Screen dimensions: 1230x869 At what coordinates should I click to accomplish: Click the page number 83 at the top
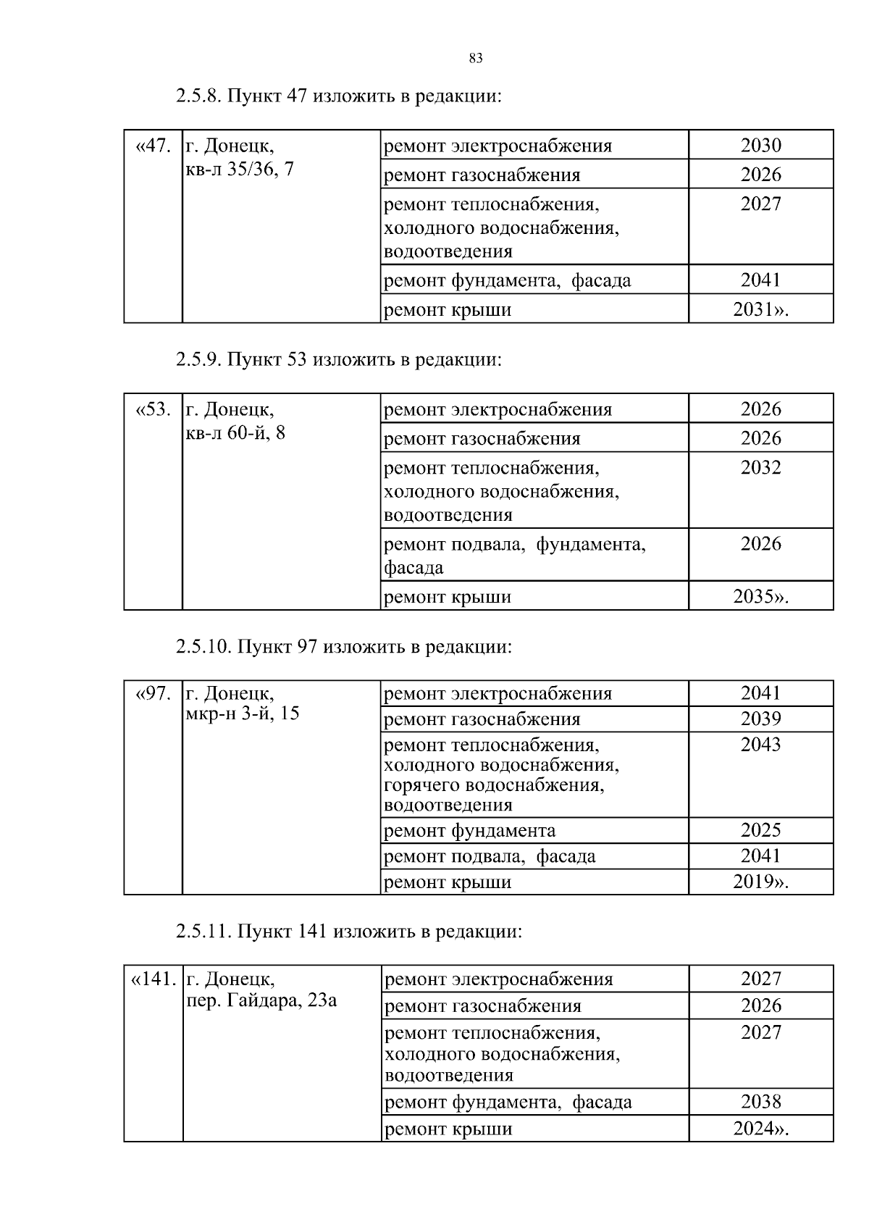click(476, 59)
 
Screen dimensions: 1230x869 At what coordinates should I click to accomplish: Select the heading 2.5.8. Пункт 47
click(338, 96)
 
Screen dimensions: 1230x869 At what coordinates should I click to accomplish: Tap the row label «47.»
click(153, 146)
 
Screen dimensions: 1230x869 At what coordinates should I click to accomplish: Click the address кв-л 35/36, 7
click(240, 170)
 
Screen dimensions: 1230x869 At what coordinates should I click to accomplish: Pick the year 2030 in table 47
click(760, 146)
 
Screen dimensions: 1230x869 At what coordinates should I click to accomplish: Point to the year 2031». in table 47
click(760, 309)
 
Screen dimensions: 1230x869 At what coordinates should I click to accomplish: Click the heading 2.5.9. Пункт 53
click(338, 360)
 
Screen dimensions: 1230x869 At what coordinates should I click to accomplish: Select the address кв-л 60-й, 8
click(236, 434)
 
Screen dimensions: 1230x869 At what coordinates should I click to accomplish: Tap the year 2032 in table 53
click(760, 467)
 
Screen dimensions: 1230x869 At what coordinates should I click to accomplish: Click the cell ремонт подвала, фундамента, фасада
click(514, 555)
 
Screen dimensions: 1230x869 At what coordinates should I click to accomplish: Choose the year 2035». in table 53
click(760, 597)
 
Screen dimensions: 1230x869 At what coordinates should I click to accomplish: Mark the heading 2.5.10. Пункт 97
click(343, 647)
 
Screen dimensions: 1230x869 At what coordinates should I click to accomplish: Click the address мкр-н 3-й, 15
click(243, 714)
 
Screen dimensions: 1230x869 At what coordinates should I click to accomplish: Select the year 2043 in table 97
click(760, 745)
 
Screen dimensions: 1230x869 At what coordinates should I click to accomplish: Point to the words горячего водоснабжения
click(494, 785)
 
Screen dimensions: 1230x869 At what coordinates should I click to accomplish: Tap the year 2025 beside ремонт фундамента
click(760, 830)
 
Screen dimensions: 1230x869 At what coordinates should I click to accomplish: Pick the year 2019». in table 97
click(760, 882)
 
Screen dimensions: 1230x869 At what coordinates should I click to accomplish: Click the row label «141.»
click(153, 980)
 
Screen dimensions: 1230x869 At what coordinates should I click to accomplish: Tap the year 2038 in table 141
click(760, 1103)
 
